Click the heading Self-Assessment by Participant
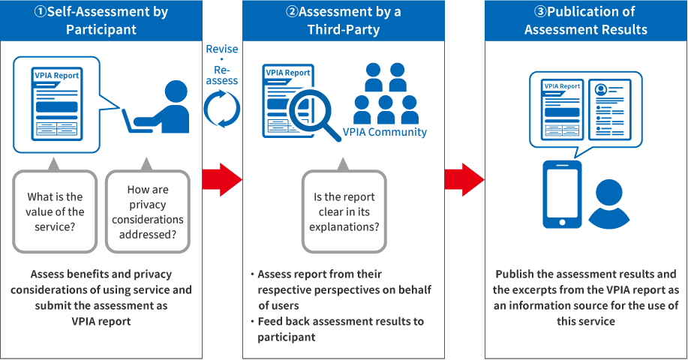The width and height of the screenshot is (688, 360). click(101, 21)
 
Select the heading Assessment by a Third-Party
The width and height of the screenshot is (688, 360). click(343, 21)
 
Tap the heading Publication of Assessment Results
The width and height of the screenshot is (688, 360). click(586, 21)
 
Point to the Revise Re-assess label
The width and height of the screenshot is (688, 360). click(222, 64)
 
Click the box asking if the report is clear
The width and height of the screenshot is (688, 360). click(344, 211)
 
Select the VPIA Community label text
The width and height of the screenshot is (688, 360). click(385, 132)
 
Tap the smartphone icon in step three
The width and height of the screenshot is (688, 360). click(560, 196)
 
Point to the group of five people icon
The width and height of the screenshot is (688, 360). click(386, 93)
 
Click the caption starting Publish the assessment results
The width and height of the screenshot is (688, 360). click(586, 298)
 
